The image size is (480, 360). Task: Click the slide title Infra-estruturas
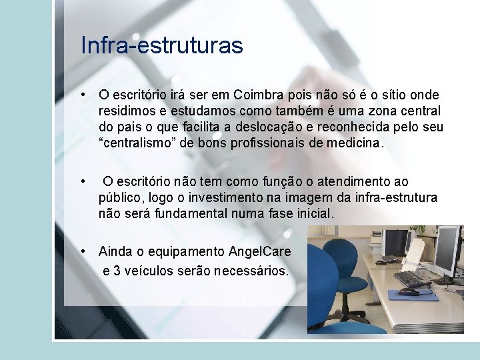[x=162, y=46]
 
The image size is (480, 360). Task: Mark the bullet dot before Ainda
[x=83, y=252]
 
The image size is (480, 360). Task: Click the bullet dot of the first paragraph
[x=83, y=95]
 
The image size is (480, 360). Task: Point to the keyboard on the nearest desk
[x=411, y=277]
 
